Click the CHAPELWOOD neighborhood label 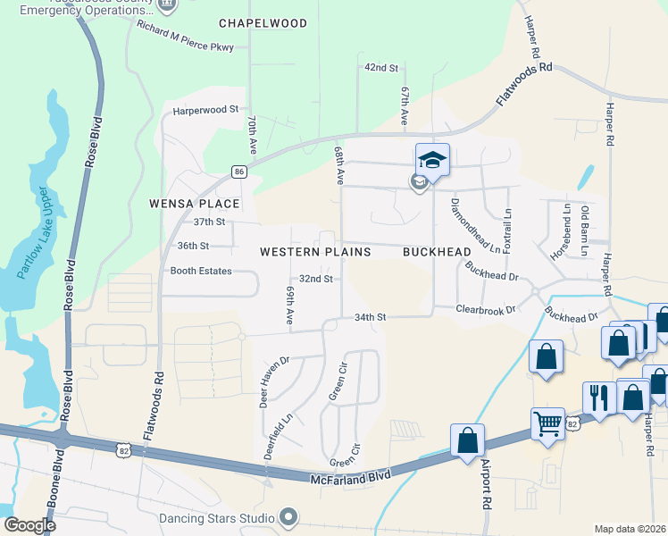[263, 23]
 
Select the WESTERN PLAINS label [315, 253]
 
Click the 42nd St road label [380, 68]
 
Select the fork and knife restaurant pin [598, 397]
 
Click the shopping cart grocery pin [547, 423]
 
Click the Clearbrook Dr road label [486, 309]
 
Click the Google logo [30, 525]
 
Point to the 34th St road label [370, 317]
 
